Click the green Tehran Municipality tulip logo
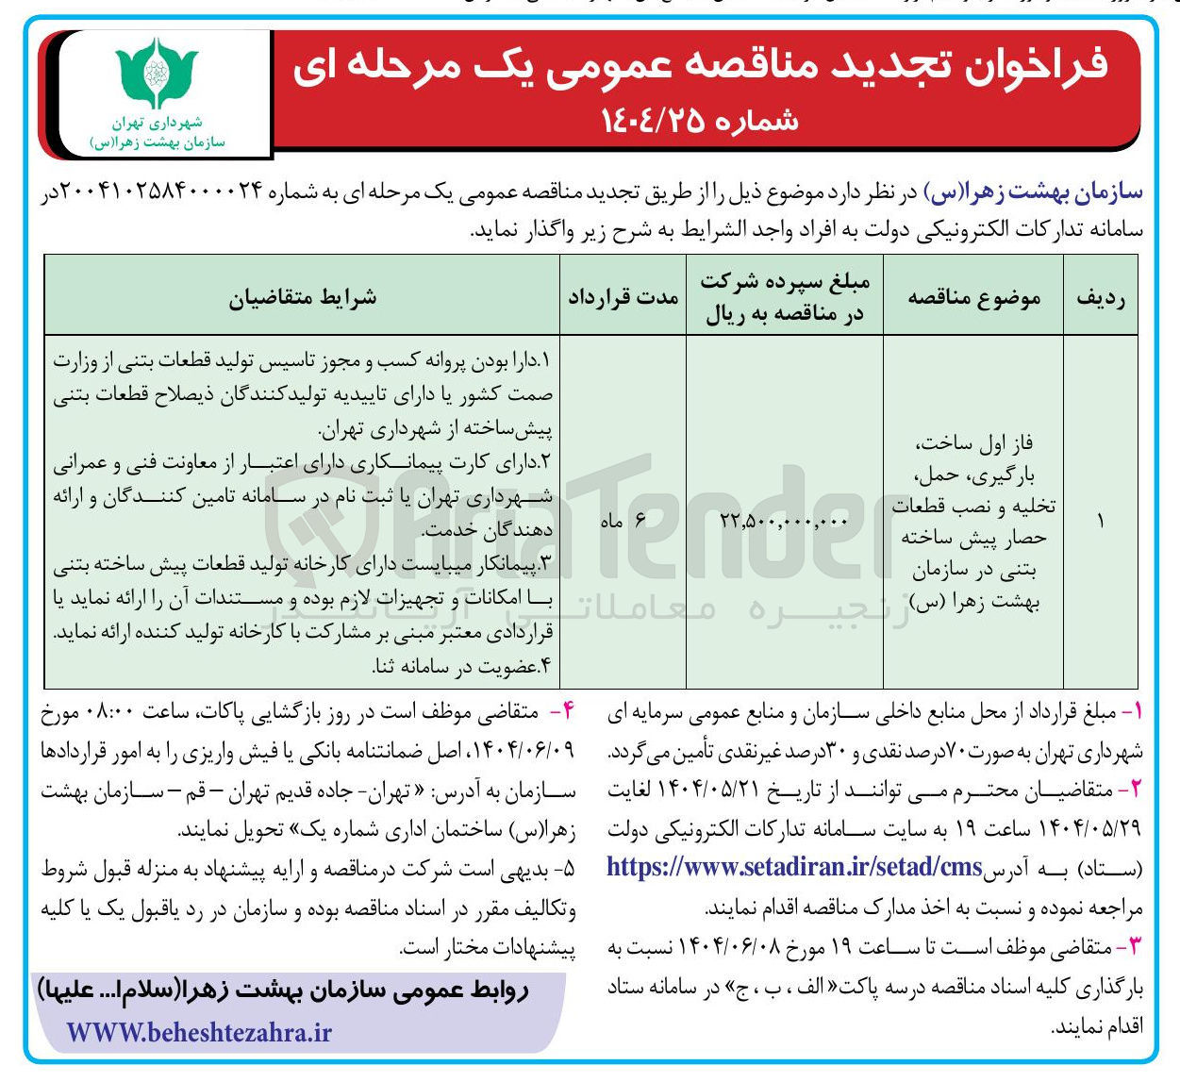tap(157, 75)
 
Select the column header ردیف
tap(1100, 297)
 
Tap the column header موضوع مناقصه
tap(973, 297)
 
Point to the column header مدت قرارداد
tap(623, 297)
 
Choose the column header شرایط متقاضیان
tap(302, 297)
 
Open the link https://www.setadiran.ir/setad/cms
tap(794, 867)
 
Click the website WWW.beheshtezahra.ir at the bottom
tap(199, 1033)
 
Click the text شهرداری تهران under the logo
tap(157, 123)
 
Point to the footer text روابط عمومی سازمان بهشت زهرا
tap(283, 991)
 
